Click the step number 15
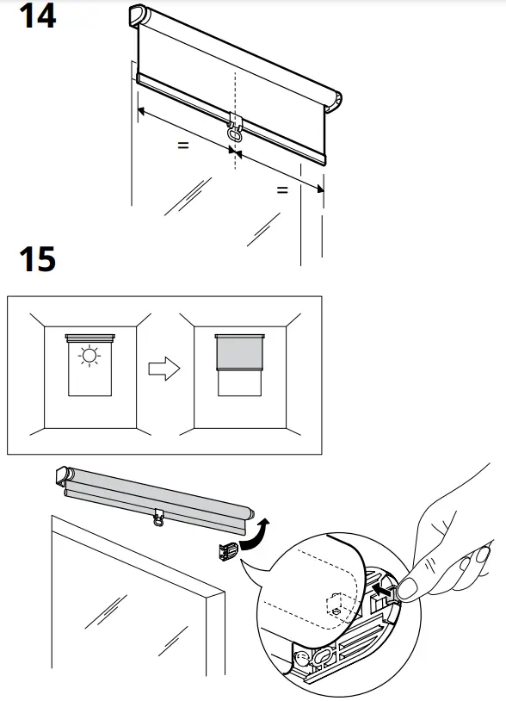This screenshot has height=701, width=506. pyautogui.click(x=37, y=258)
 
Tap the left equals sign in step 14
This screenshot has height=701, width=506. pyautogui.click(x=182, y=146)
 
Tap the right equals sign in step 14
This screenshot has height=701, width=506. pyautogui.click(x=281, y=190)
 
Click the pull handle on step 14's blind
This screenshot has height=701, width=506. pyautogui.click(x=233, y=132)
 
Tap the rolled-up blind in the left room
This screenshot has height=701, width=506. pyautogui.click(x=89, y=336)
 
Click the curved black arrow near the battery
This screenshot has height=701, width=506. pyautogui.click(x=256, y=534)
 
